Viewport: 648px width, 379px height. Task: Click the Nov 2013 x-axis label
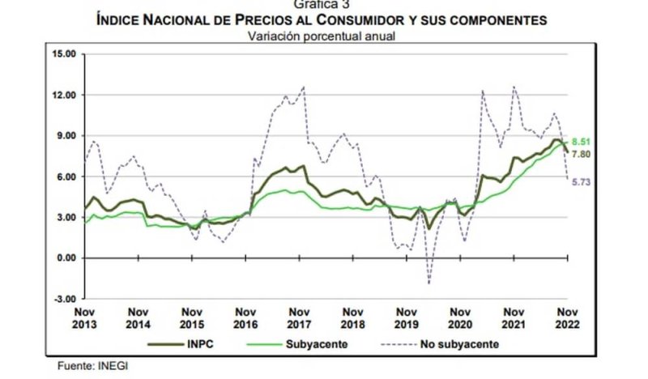pyautogui.click(x=84, y=317)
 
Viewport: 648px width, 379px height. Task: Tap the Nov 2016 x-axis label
pyautogui.click(x=245, y=317)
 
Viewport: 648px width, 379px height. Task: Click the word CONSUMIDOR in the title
pyautogui.click(x=371, y=19)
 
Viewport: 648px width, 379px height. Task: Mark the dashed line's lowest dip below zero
pyautogui.click(x=428, y=283)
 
